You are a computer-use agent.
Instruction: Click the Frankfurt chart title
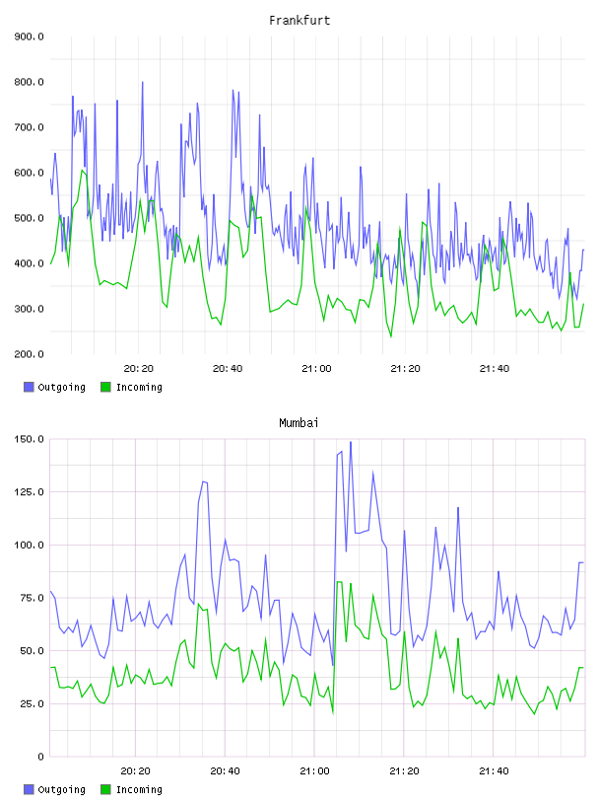(299, 21)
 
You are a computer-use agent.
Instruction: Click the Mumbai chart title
(299, 423)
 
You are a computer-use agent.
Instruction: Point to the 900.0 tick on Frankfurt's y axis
(29, 37)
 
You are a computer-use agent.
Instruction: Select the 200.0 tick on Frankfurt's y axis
(29, 354)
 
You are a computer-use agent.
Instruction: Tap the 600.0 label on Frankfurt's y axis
(29, 173)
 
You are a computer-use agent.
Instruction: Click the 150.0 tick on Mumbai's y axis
(29, 439)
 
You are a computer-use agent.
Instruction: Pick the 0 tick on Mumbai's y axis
(40, 757)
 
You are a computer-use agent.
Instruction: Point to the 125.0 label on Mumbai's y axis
(29, 492)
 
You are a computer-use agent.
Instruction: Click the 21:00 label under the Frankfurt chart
(316, 369)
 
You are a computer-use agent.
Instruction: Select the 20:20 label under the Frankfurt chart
(139, 369)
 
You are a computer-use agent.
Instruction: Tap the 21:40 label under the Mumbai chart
(494, 771)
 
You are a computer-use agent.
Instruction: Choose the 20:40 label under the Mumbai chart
(225, 771)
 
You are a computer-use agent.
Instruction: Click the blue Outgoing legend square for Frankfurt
(29, 387)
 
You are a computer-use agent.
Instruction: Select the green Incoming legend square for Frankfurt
(105, 387)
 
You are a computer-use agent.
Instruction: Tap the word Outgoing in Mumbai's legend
(61, 789)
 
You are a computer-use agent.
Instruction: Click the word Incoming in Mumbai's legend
(139, 789)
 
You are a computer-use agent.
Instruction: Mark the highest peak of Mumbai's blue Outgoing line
(351, 442)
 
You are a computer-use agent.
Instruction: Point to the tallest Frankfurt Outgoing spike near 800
(143, 82)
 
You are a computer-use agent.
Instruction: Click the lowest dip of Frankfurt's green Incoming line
(391, 336)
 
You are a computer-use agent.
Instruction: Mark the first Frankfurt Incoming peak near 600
(82, 170)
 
